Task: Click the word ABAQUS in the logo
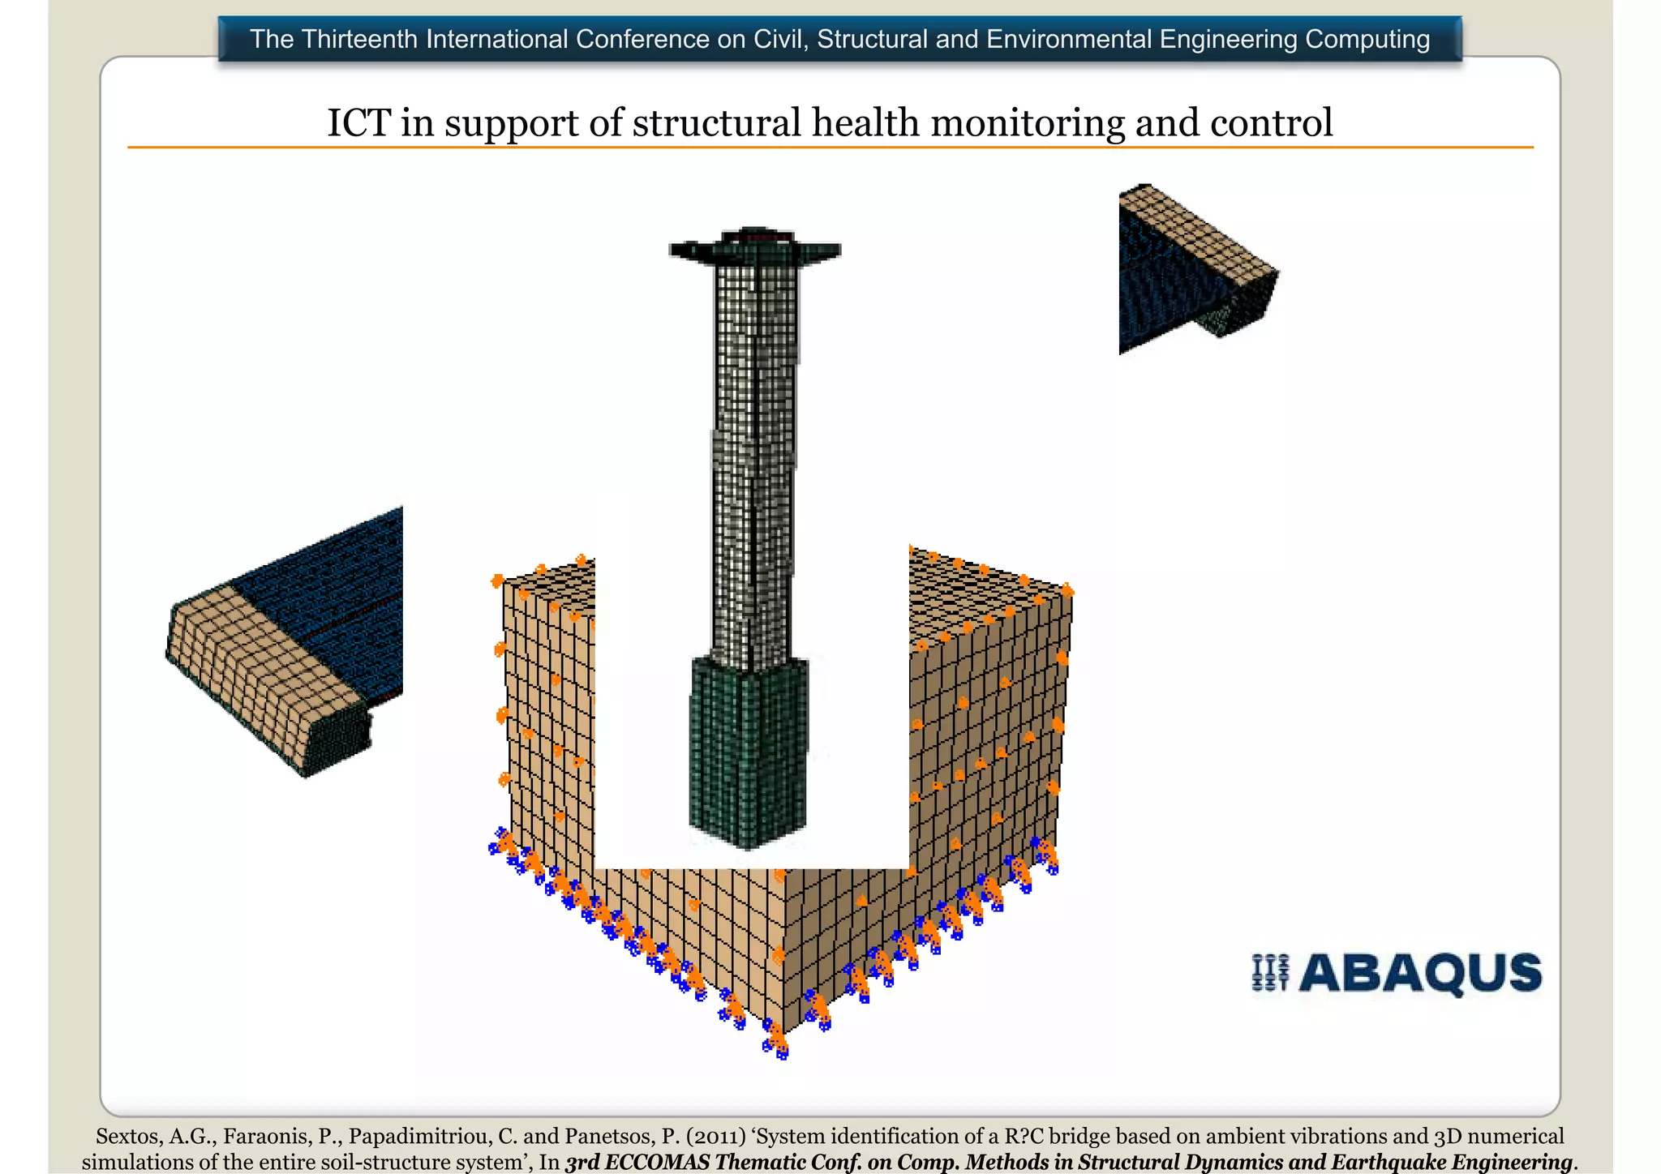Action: click(x=1419, y=973)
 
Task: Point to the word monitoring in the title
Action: click(x=1027, y=123)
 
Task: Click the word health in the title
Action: click(x=865, y=123)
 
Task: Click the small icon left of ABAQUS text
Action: click(x=1270, y=973)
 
